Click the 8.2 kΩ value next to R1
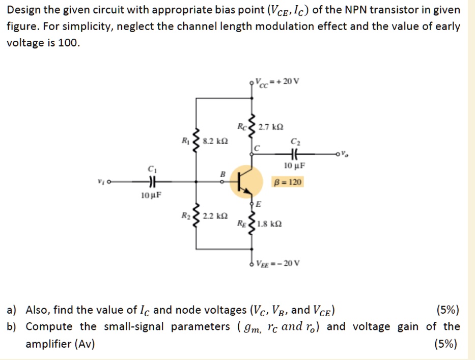coord(215,142)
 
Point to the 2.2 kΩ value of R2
coord(215,216)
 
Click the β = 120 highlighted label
coord(288,181)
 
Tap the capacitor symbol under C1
coord(151,181)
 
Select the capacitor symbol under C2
coord(295,153)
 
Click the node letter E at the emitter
coord(258,205)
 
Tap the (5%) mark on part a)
coord(448,310)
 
